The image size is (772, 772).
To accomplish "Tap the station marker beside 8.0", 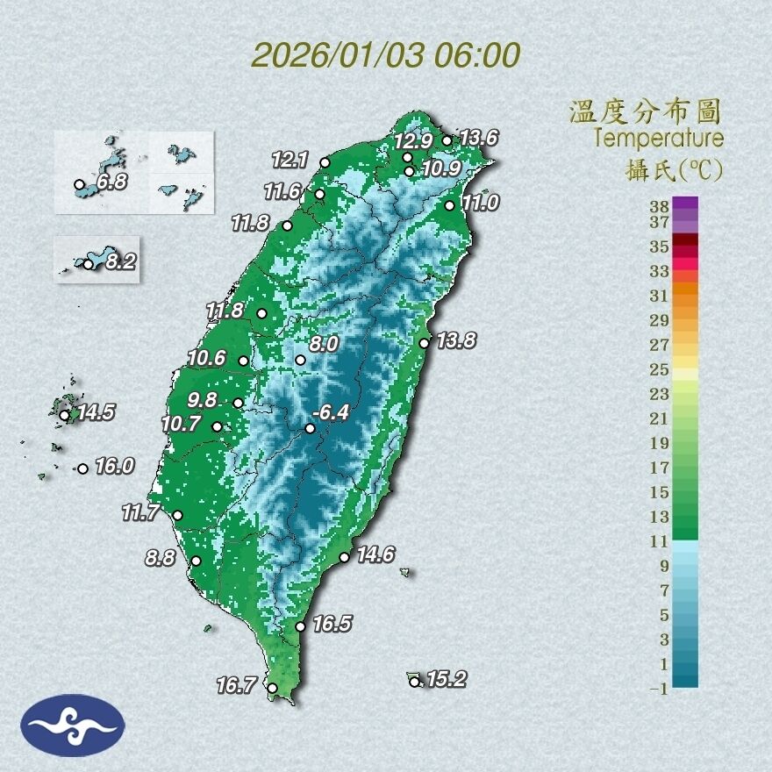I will click(300, 360).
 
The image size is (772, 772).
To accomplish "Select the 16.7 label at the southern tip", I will click(234, 685).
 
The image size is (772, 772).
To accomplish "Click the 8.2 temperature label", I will click(121, 261).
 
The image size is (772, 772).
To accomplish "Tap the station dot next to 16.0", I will click(82, 468).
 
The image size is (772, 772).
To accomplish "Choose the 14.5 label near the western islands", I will click(96, 412).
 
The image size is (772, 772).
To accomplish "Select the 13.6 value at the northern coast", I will click(479, 138).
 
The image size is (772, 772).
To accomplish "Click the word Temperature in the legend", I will click(658, 139).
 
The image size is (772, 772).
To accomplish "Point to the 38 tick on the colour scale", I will click(659, 206).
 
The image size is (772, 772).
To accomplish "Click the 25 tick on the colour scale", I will click(659, 368).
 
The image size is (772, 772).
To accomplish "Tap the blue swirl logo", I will click(73, 725).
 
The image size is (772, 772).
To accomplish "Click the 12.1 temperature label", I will click(290, 160).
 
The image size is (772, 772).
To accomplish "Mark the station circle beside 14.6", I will click(345, 557).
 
